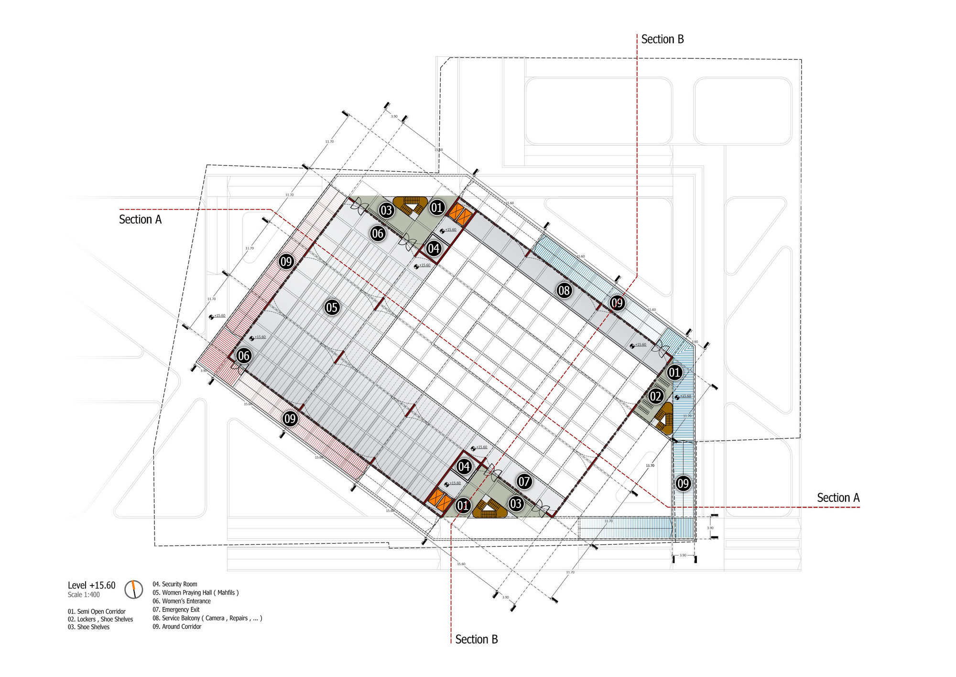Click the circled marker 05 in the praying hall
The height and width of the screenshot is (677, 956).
[332, 307]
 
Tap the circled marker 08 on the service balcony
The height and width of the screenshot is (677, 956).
[564, 290]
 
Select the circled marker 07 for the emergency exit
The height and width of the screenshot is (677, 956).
[524, 481]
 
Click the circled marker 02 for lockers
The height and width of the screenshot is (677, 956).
[655, 396]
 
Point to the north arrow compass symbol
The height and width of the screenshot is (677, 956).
[134, 589]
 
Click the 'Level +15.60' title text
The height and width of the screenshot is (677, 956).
[91, 585]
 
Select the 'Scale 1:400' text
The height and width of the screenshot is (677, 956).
[84, 595]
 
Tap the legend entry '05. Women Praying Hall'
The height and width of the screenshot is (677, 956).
[196, 592]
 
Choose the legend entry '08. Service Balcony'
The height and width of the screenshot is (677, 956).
[207, 618]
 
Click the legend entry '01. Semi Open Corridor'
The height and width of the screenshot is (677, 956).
[97, 611]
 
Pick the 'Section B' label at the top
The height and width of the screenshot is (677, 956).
[662, 39]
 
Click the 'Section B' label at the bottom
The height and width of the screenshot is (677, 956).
[476, 639]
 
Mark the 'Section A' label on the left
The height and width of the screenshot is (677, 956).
[140, 220]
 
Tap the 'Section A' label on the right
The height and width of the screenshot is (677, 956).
[838, 498]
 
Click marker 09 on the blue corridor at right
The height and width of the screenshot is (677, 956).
[683, 483]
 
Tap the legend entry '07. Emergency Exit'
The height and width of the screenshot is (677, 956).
[176, 610]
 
